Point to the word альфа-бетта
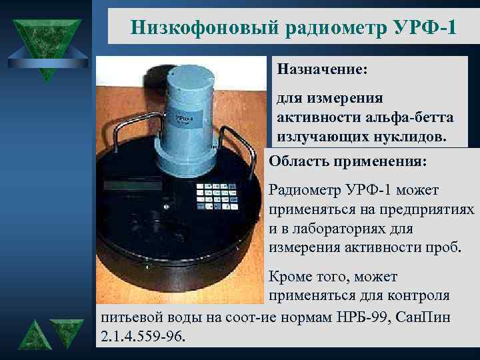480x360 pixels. click(x=408, y=117)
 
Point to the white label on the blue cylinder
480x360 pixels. click(x=184, y=120)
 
